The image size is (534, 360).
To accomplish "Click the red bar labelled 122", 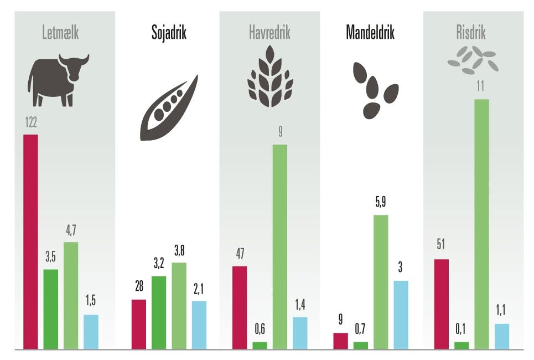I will click(x=30, y=241).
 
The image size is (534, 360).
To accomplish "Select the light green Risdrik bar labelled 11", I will click(x=481, y=224).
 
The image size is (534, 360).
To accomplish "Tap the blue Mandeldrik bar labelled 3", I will click(x=401, y=315).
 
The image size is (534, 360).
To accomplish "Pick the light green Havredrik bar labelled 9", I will click(x=279, y=246).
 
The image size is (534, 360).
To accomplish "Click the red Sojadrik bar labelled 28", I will click(x=139, y=324).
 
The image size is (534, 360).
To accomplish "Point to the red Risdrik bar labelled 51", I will click(x=441, y=304).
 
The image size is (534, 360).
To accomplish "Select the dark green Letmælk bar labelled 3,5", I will click(x=51, y=309).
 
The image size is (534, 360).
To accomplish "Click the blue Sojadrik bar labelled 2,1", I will click(x=199, y=325).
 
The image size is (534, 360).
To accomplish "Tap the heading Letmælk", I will click(x=61, y=33).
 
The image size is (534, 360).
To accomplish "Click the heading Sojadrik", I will click(x=169, y=33).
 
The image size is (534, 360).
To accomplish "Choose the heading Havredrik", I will click(x=269, y=33).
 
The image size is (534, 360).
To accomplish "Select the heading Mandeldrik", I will click(x=370, y=33).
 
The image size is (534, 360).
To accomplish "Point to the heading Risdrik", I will click(x=471, y=33).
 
